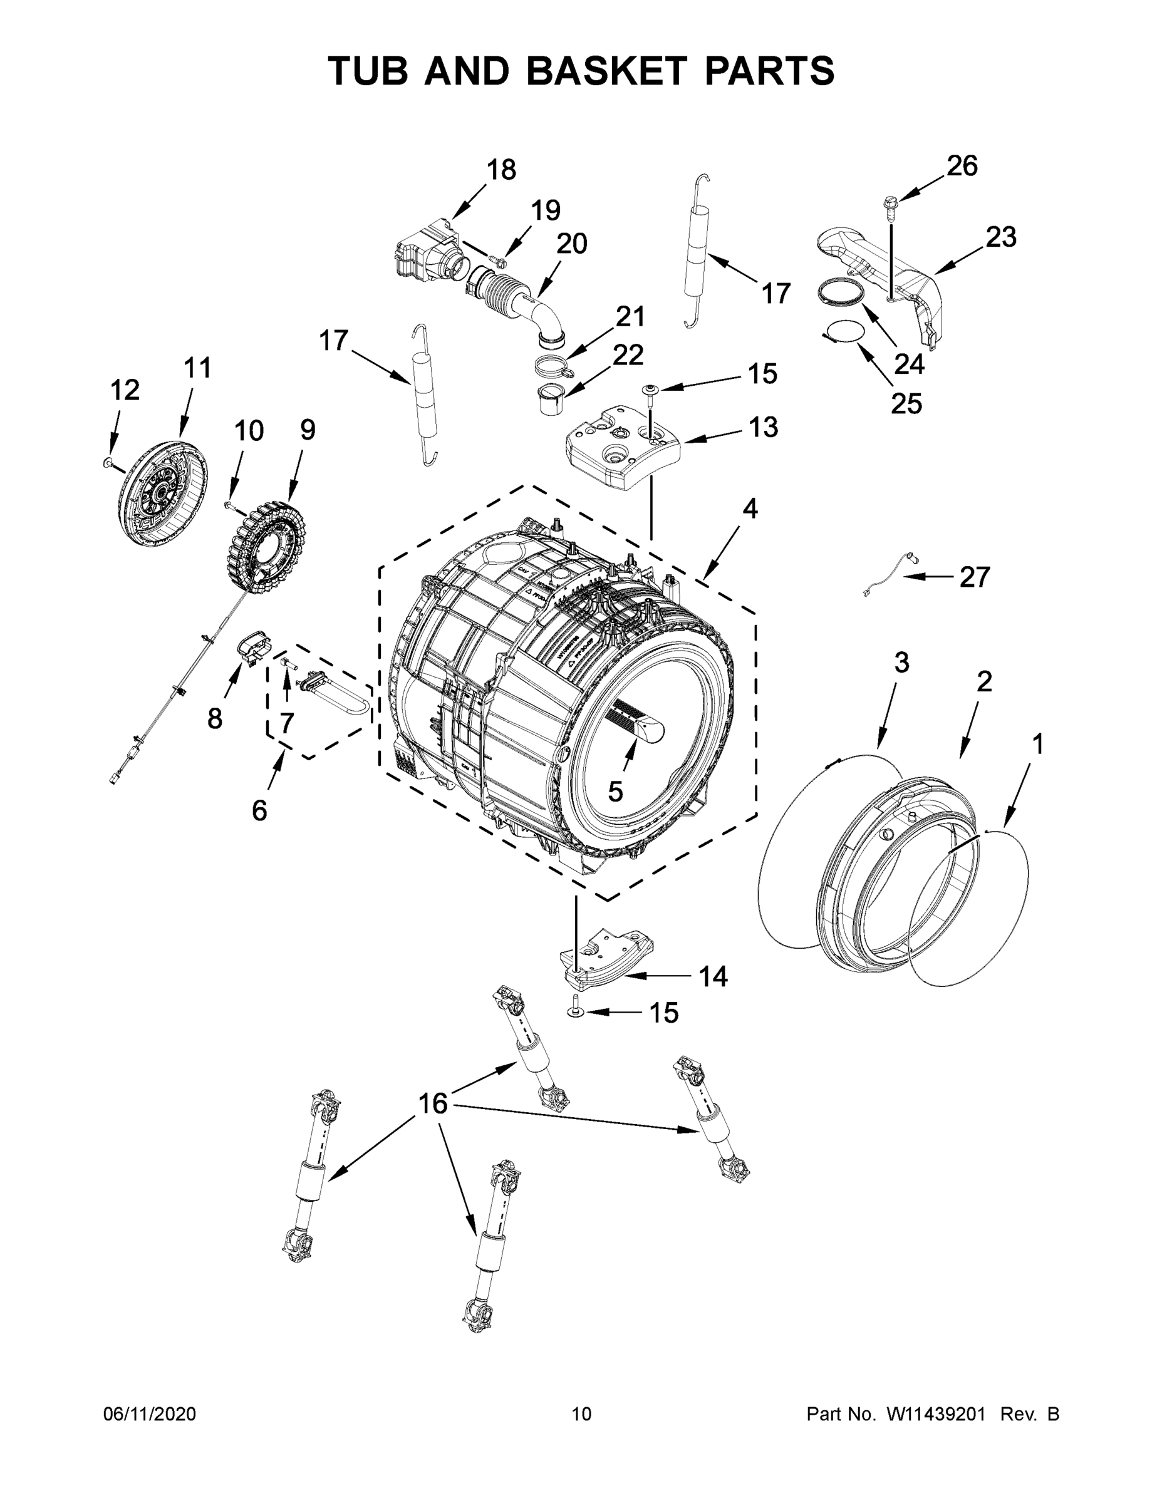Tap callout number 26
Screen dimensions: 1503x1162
point(962,166)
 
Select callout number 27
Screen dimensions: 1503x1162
point(974,577)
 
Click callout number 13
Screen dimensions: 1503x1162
point(763,426)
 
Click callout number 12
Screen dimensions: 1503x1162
point(125,390)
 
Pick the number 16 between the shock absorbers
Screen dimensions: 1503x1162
point(433,1103)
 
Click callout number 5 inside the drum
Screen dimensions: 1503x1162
point(615,792)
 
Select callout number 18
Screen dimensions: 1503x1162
point(501,169)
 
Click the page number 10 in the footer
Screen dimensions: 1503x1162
point(581,1413)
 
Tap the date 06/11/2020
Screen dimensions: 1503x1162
point(149,1413)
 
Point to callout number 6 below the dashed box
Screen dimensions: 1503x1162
point(259,811)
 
